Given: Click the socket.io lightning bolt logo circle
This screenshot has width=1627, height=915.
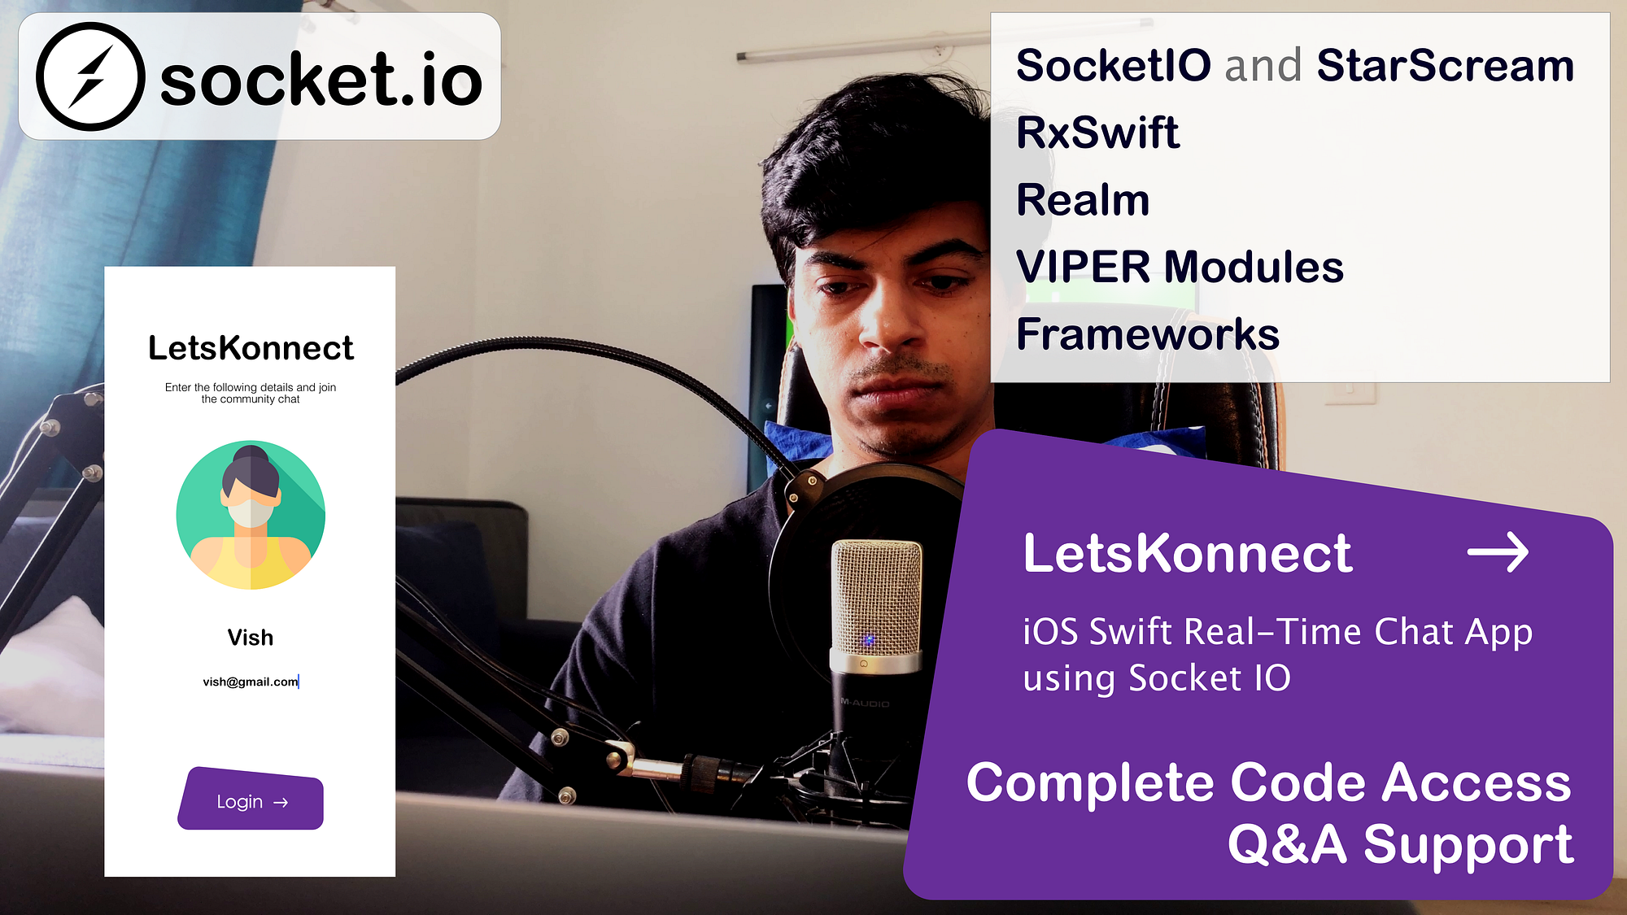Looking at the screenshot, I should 90,76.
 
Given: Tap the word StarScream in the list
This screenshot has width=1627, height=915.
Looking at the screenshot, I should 1445,65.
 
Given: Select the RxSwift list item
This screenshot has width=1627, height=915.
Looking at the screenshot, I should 1097,133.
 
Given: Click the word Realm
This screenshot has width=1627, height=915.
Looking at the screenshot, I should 1083,200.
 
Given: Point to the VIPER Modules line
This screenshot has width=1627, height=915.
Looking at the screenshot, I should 1180,267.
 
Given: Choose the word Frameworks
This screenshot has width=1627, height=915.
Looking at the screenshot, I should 1148,334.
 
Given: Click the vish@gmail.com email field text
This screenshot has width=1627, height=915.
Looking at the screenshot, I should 251,682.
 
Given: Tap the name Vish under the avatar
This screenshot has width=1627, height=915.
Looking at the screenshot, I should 251,638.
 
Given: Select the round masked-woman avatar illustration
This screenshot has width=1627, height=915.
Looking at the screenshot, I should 251,515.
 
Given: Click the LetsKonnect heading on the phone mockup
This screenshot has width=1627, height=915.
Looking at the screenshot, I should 251,348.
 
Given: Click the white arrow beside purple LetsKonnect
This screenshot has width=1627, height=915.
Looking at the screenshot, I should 1498,553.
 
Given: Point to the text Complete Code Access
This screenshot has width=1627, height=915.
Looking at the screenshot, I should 1268,782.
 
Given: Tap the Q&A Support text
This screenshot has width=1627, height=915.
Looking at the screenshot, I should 1400,844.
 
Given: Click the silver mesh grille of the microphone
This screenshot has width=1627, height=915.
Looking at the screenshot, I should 877,598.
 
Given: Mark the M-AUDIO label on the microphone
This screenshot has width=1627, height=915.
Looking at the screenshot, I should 865,703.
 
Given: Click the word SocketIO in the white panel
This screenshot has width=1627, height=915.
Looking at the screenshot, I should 1113,65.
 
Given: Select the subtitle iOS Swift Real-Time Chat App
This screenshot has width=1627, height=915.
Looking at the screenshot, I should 1277,632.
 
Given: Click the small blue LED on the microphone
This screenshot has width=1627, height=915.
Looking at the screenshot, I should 869,640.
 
